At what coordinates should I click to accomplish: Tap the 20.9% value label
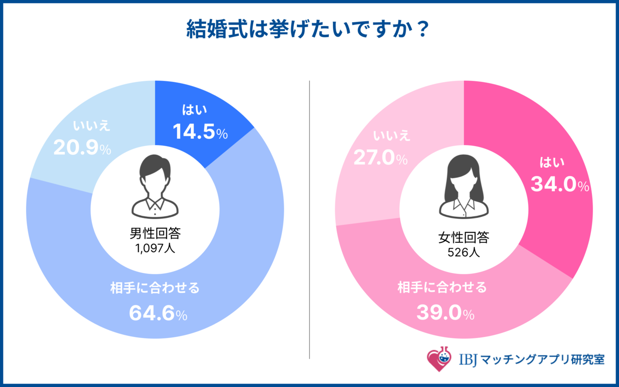tap(82, 149)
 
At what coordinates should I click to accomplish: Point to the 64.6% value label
tap(158, 314)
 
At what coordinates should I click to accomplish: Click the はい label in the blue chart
tap(194, 111)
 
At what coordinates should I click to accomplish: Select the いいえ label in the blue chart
tap(92, 126)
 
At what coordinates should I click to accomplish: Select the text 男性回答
tap(155, 234)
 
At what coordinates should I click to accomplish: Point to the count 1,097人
tap(155, 249)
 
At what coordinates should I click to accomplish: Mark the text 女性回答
tap(464, 238)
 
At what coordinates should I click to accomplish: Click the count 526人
tap(464, 252)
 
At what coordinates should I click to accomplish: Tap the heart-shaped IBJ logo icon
tap(439, 358)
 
